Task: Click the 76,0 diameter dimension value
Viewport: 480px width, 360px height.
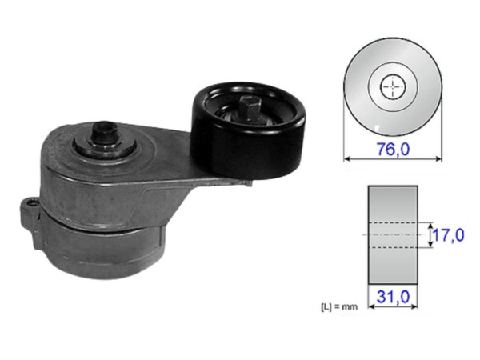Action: coord(393,146)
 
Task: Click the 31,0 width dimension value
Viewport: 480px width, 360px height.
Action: coord(393,297)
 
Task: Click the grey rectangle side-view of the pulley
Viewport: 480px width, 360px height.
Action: coord(393,204)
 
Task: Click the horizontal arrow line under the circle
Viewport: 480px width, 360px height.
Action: coord(393,158)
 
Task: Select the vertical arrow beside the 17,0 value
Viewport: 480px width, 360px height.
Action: coord(431,235)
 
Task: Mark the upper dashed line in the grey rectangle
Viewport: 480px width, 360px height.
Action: coord(393,222)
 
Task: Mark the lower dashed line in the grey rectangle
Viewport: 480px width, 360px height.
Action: coord(393,247)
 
